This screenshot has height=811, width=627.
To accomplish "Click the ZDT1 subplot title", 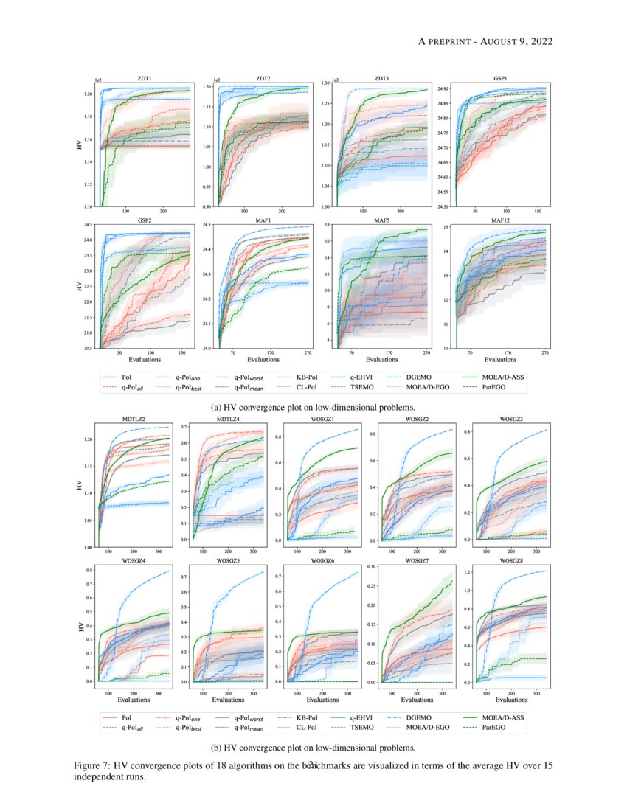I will (x=145, y=77).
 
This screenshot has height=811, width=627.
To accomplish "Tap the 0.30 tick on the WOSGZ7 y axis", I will (x=371, y=566).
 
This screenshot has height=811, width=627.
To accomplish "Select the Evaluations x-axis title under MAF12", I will (x=499, y=360).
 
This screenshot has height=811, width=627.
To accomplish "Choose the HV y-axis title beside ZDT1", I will (x=79, y=145).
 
